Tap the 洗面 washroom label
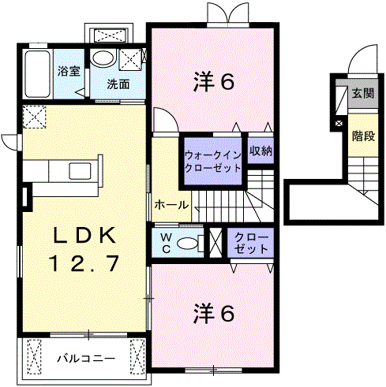pos(119,83)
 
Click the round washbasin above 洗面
pos(103,58)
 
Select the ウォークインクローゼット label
pos(211,162)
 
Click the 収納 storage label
pos(260,151)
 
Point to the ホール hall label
pos(171,205)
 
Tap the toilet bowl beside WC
pos(188,244)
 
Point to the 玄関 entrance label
pos(362,93)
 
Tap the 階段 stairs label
pos(363,135)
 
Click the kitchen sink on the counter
pos(81,171)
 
